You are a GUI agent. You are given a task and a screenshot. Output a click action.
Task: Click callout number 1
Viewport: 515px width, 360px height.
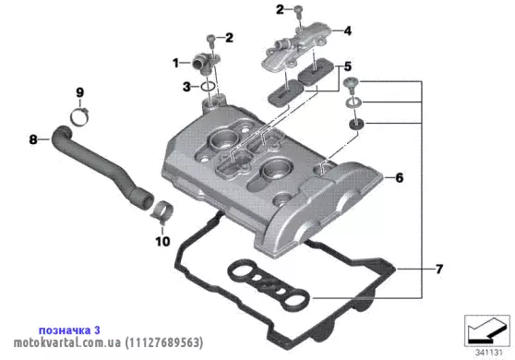pyautogui.click(x=175, y=63)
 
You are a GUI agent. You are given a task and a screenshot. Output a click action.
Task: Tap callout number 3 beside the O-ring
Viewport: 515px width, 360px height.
pyautogui.click(x=186, y=87)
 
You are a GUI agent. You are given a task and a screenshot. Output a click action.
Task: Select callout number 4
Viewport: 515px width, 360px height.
pyautogui.click(x=348, y=30)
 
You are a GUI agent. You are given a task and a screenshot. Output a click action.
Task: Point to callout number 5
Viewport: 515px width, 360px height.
pyautogui.click(x=348, y=66)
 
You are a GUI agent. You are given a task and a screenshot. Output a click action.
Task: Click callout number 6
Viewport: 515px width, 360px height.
pyautogui.click(x=399, y=178)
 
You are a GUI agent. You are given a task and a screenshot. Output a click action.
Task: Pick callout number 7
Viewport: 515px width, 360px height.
pyautogui.click(x=439, y=270)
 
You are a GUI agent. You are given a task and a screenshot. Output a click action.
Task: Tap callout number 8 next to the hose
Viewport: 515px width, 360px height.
pyautogui.click(x=33, y=139)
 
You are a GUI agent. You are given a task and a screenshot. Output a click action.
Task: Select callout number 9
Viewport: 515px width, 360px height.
pyautogui.click(x=80, y=92)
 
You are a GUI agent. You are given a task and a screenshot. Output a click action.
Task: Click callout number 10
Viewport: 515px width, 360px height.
pyautogui.click(x=163, y=242)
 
